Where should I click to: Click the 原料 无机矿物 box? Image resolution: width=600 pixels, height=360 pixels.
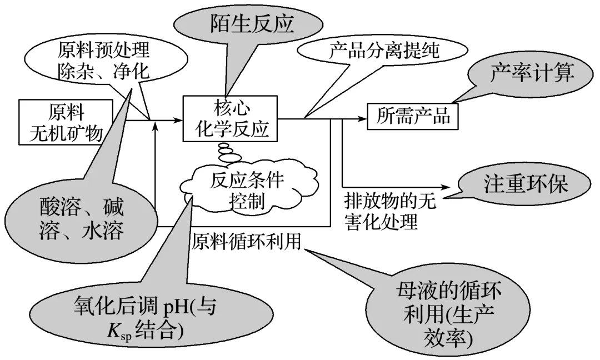click(x=66, y=122)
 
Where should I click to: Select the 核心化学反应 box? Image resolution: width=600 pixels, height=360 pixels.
click(x=230, y=118)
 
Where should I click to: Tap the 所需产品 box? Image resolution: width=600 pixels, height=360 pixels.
click(x=412, y=116)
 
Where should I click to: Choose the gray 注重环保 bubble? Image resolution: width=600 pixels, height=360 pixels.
click(x=524, y=184)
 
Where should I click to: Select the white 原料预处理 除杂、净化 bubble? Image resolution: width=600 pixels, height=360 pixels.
click(x=106, y=61)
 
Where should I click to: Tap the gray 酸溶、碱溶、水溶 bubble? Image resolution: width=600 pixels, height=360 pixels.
click(x=81, y=219)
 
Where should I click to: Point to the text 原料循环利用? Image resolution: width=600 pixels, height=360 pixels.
click(x=247, y=242)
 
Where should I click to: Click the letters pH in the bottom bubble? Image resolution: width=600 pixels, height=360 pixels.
click(x=177, y=307)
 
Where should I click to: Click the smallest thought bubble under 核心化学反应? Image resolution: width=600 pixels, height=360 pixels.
click(x=223, y=146)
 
